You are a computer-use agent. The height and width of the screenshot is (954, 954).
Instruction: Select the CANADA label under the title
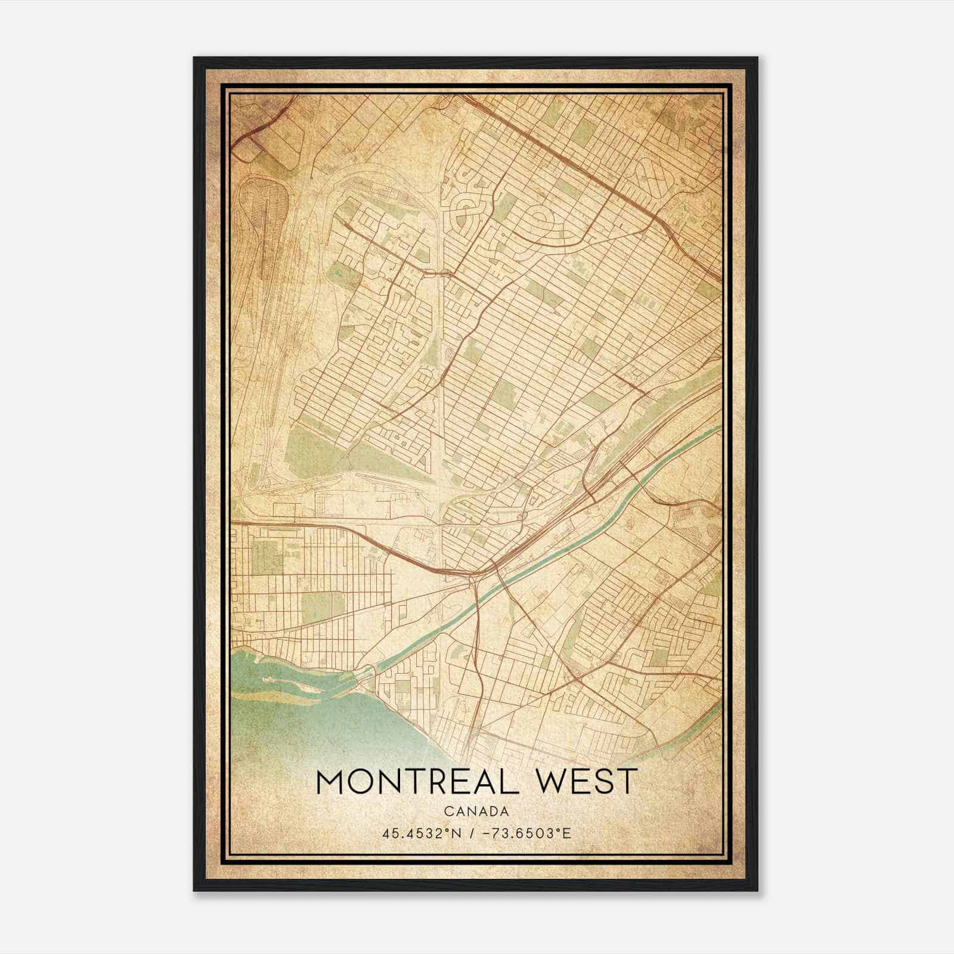point(476,811)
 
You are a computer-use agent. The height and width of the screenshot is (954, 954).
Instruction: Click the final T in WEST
point(627,782)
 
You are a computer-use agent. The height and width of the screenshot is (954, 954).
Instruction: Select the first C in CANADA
point(447,811)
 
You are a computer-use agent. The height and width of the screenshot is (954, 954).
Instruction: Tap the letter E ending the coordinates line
point(568,833)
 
